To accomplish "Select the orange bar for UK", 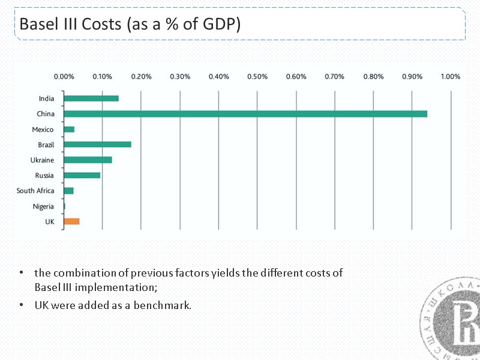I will (71, 221).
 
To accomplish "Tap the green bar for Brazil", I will (97, 145).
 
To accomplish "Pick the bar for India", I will (91, 98).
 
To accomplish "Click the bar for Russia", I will (82, 175).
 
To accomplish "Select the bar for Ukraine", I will (88, 160).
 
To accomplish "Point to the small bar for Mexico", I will (69, 130).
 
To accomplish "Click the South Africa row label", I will (35, 191).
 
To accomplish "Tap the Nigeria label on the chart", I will (43, 206).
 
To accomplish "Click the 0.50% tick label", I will (257, 77).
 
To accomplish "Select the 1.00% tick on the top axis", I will (450, 77).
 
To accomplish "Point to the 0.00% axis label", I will (64, 77).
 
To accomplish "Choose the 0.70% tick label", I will (334, 77).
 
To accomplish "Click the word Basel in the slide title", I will (38, 25).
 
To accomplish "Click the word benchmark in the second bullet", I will (164, 305).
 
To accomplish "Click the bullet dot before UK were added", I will (21, 305).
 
